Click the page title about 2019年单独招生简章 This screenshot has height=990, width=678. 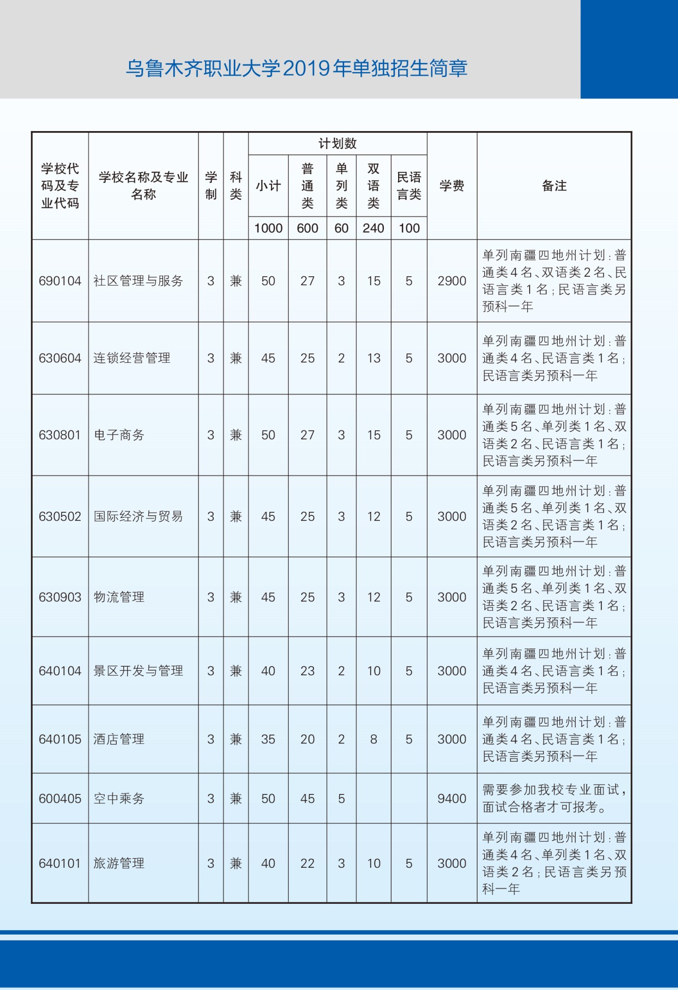click(296, 68)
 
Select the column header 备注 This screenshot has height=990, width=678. click(554, 186)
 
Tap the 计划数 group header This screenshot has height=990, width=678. click(337, 144)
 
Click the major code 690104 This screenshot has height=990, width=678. click(60, 281)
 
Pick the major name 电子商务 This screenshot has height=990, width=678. click(119, 435)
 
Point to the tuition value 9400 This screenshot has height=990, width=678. click(452, 798)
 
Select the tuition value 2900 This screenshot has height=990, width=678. click(452, 281)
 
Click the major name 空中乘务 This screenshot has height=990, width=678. click(119, 798)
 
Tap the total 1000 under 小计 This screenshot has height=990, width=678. click(268, 228)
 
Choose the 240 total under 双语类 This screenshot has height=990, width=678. click(373, 228)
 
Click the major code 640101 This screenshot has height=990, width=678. click(60, 863)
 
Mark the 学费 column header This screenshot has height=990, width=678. click(452, 186)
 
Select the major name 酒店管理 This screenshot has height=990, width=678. click(119, 739)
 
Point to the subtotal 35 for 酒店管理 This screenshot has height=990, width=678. click(268, 739)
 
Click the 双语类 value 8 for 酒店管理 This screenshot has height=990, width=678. click(373, 739)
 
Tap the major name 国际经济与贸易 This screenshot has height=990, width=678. click(138, 516)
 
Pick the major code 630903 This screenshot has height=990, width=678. click(60, 597)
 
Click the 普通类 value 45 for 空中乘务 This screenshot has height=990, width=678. click(307, 798)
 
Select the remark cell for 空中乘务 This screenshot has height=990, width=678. click(554, 798)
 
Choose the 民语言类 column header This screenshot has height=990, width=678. click(409, 186)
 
